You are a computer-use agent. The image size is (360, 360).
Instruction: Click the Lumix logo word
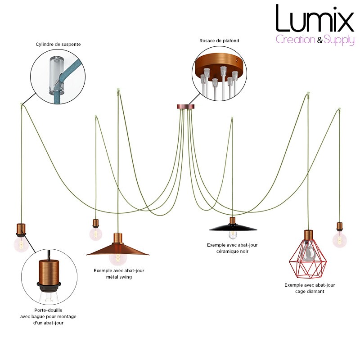(x=315, y=18)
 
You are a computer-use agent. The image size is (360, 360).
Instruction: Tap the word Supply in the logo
(x=339, y=40)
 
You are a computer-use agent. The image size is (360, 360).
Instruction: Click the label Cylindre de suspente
(x=58, y=44)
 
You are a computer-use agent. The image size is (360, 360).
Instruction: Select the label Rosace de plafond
(x=219, y=40)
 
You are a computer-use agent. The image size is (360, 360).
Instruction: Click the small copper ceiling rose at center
(x=186, y=107)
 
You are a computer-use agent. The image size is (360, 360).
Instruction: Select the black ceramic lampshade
(x=233, y=227)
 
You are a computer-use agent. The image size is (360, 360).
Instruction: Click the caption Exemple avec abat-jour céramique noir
(x=232, y=248)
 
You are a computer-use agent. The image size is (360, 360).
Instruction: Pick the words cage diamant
(x=310, y=291)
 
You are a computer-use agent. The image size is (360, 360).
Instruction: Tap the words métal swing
(x=119, y=277)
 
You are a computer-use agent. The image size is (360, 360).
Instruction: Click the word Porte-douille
(x=48, y=310)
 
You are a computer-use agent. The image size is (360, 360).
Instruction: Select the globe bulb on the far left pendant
(x=21, y=244)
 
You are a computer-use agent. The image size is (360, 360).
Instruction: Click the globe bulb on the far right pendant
(x=340, y=240)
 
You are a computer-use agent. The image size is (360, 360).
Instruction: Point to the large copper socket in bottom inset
(x=49, y=272)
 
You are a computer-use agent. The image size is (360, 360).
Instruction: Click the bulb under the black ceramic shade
(x=233, y=234)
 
